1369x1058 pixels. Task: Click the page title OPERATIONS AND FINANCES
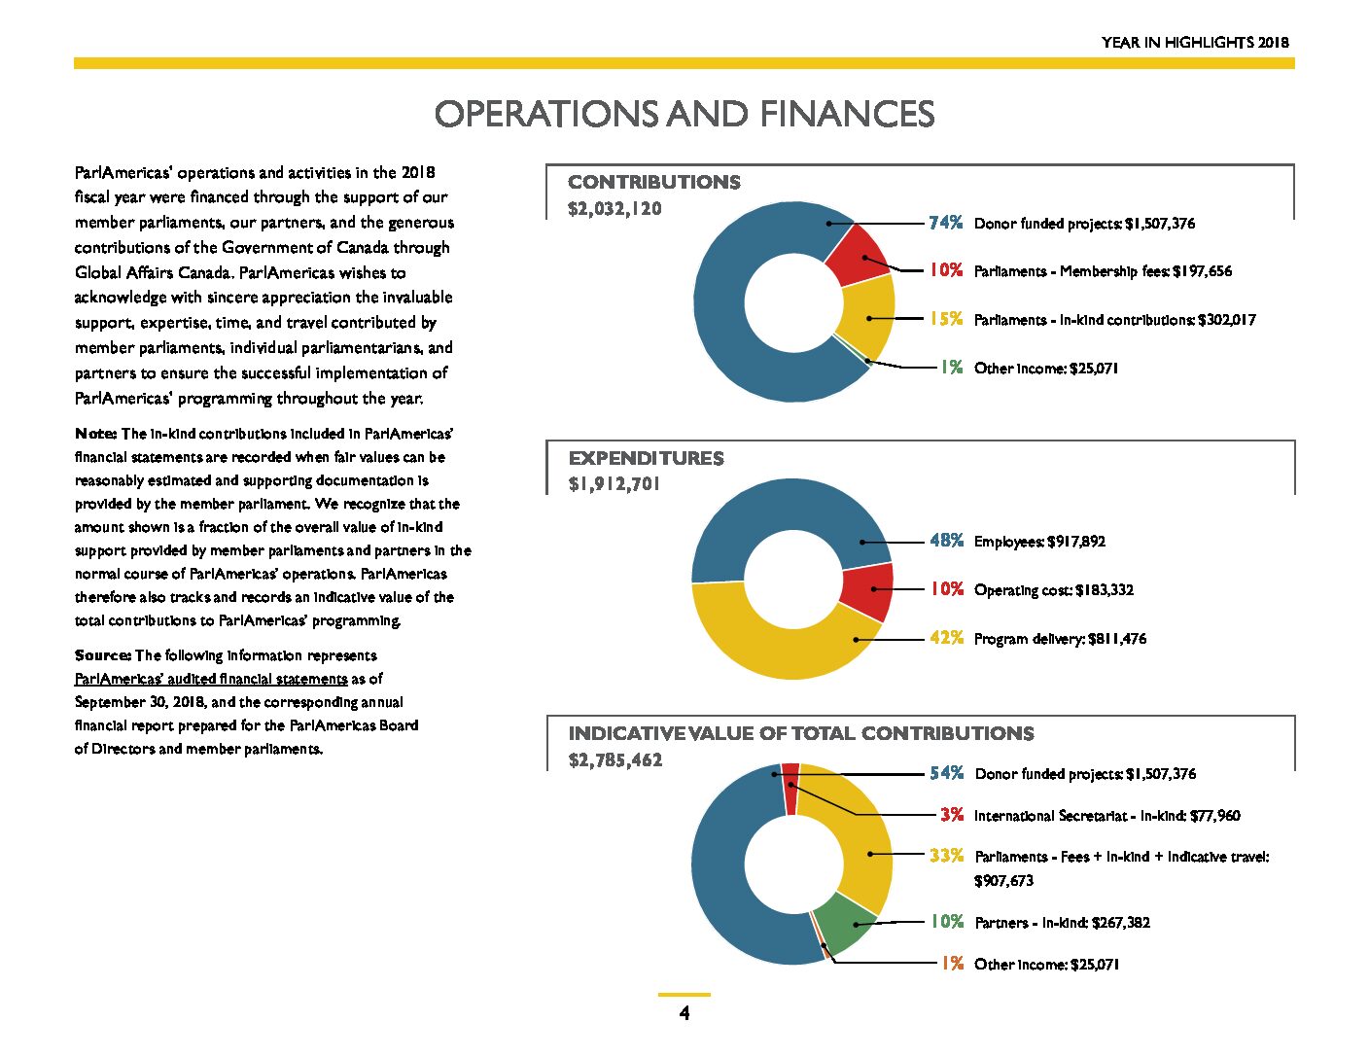[684, 114]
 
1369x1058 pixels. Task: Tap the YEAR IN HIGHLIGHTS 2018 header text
[1195, 42]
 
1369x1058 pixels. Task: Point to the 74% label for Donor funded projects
[946, 223]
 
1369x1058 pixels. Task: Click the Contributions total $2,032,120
[614, 208]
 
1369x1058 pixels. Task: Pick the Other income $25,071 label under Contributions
[1046, 368]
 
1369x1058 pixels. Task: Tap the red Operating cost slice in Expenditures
[868, 591]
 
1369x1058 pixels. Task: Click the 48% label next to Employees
[946, 541]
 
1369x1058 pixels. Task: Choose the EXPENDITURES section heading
[646, 458]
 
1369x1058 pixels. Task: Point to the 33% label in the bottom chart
[946, 855]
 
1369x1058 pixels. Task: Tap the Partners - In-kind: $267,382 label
[1062, 923]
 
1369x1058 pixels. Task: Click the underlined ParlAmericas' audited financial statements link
[211, 679]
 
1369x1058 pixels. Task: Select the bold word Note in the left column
[95, 434]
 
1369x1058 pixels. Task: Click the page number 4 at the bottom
[684, 1013]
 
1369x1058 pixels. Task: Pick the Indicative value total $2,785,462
[614, 759]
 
